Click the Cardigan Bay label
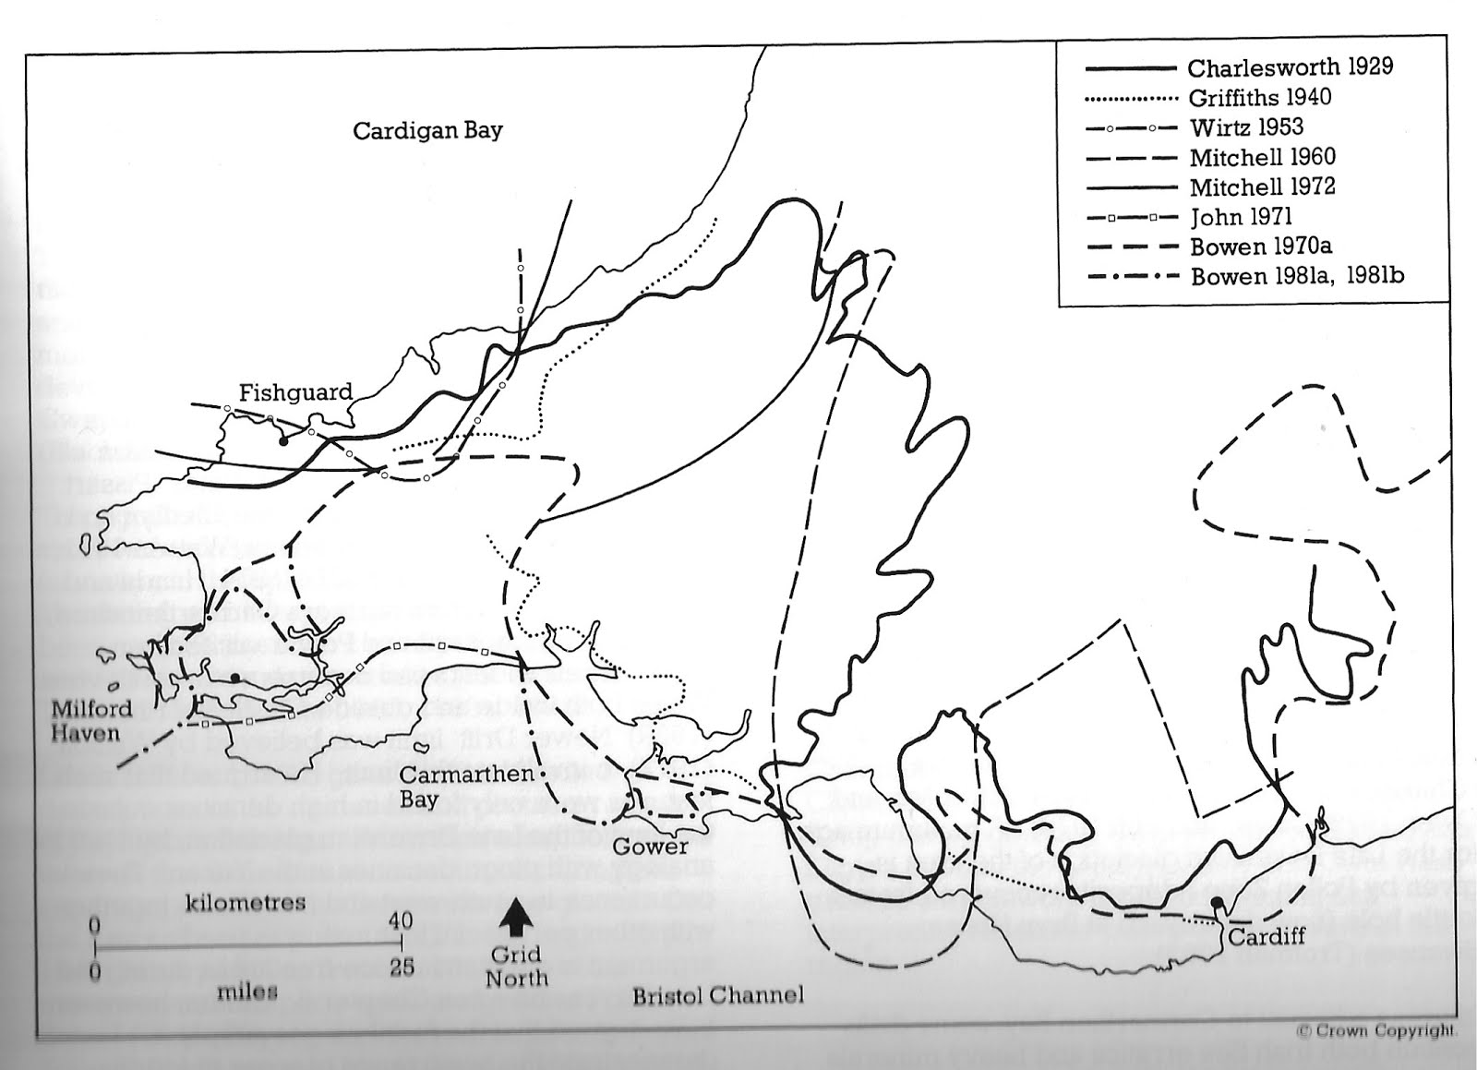click(427, 130)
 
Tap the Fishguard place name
click(295, 392)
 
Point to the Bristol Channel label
click(717, 995)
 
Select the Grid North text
click(516, 967)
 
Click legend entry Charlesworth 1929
click(1290, 67)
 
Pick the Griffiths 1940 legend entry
click(1260, 97)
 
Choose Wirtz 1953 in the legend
click(1246, 126)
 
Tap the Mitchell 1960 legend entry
click(1262, 157)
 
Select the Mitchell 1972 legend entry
click(1262, 187)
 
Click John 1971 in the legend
click(1241, 217)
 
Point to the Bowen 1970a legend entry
click(1261, 246)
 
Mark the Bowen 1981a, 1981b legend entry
click(1297, 276)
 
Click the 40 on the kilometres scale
click(401, 921)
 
